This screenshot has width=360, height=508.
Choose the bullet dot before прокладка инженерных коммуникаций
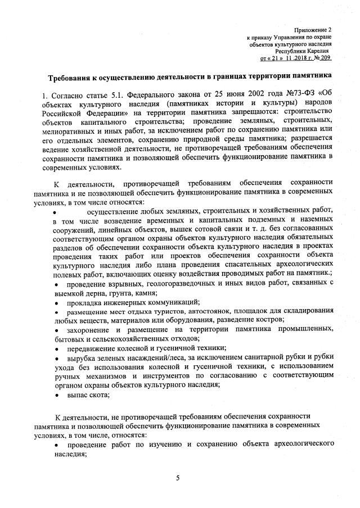56,302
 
